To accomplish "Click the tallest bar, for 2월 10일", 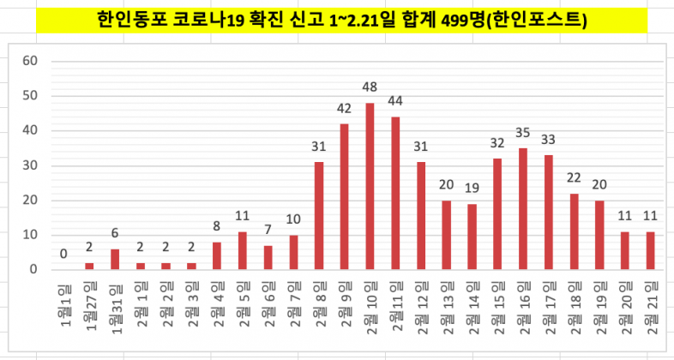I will [x=370, y=186].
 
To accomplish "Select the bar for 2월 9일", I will [x=344, y=196].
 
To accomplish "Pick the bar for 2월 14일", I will [x=471, y=237].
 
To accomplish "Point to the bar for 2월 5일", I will [x=243, y=250].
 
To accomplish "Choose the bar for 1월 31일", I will [x=115, y=259].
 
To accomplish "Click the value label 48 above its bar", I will [x=370, y=87].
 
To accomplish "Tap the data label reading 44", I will [x=395, y=100].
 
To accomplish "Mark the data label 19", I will [x=471, y=188].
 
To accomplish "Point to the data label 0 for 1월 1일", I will [x=63, y=254].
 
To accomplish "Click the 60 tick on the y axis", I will [x=30, y=61].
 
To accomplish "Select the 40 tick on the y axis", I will [x=30, y=130].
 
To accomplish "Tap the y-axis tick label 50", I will [x=30, y=96].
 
